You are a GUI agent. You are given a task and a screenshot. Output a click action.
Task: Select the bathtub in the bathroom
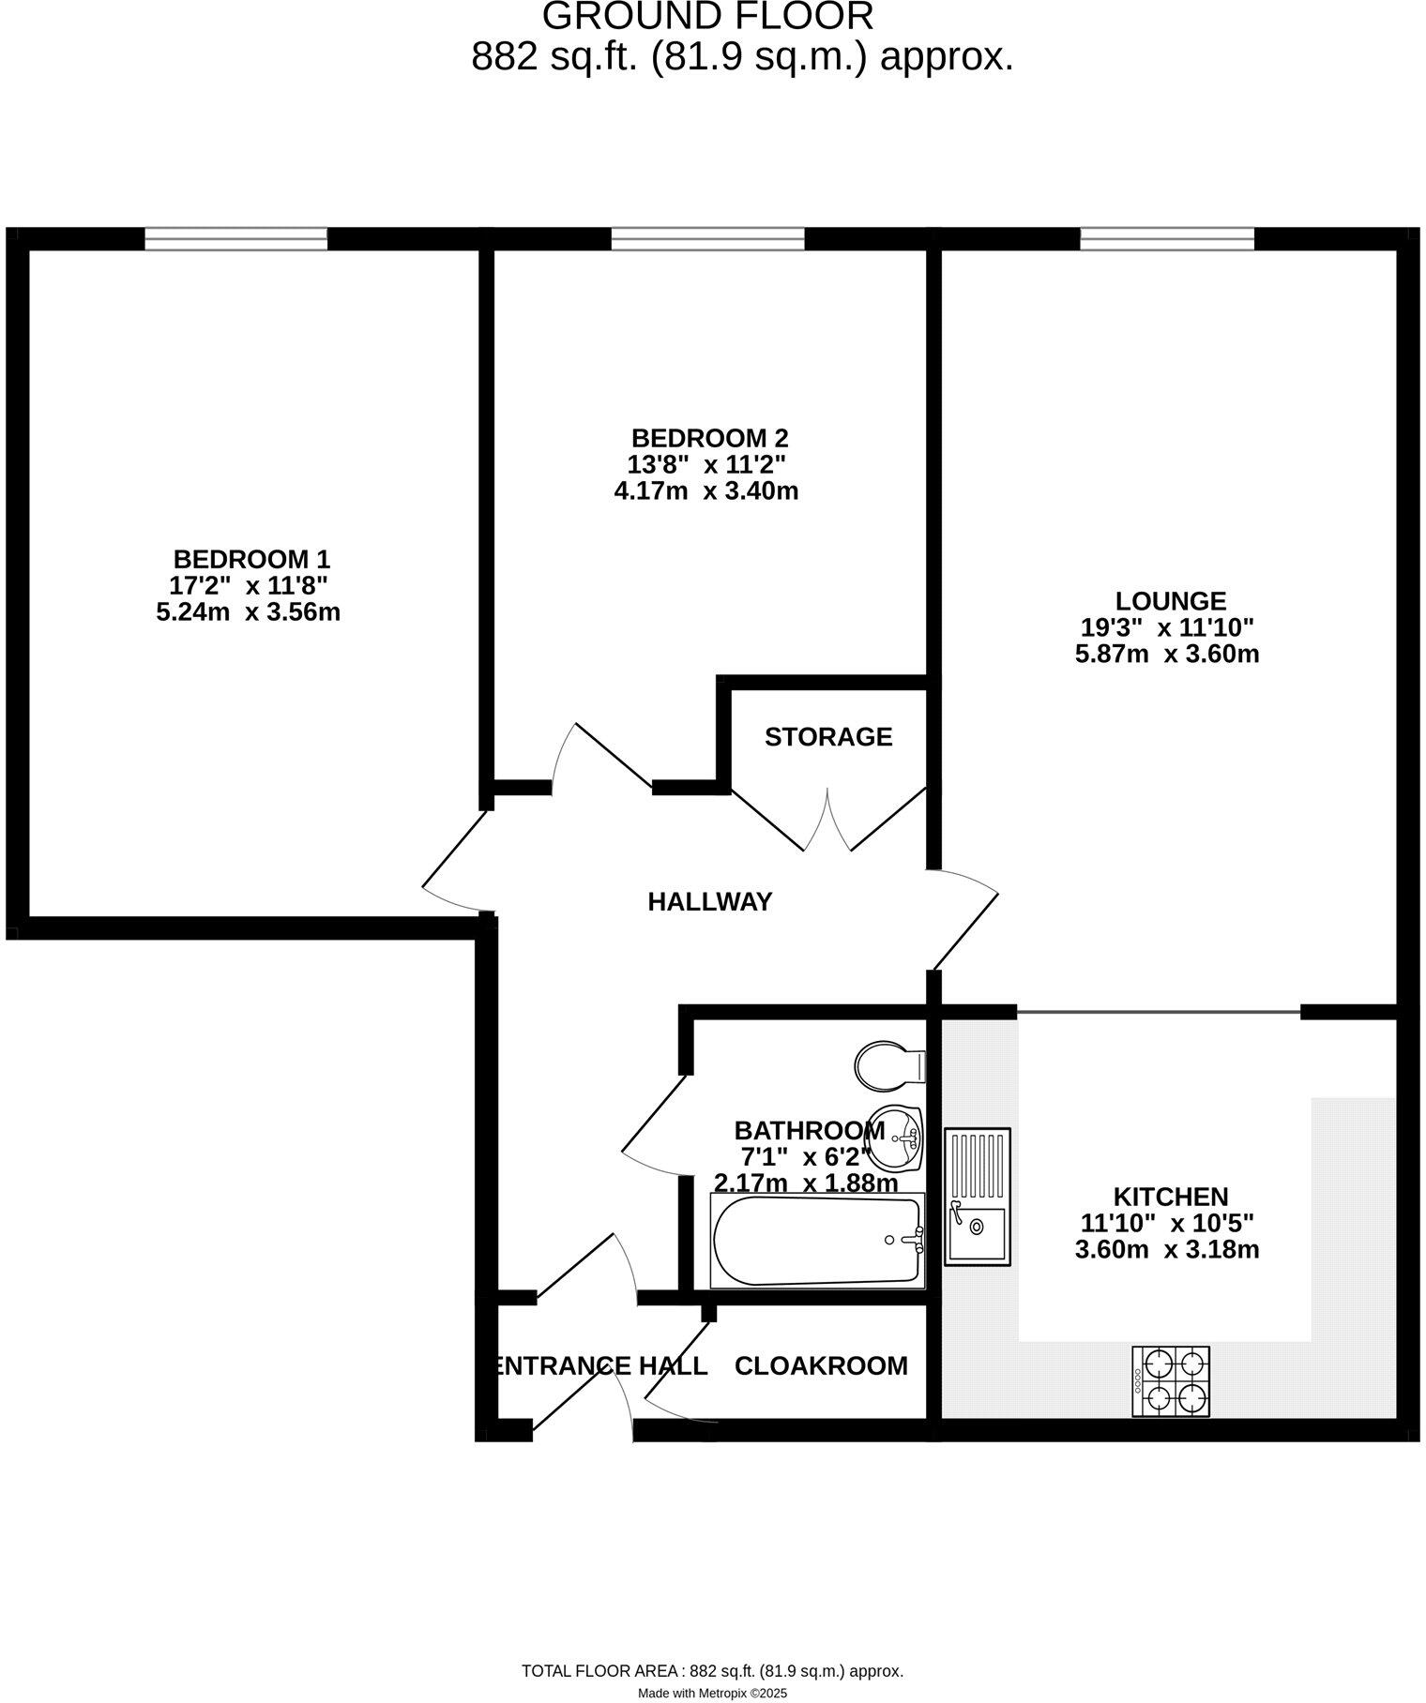pyautogui.click(x=817, y=1241)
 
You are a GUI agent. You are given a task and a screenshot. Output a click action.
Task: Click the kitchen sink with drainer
pyautogui.click(x=978, y=1197)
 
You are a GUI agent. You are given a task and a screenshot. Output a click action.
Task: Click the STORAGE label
pyautogui.click(x=828, y=737)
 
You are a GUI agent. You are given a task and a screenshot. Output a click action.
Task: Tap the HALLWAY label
pyautogui.click(x=710, y=902)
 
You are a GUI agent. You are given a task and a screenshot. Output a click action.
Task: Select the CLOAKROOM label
pyautogui.click(x=821, y=1366)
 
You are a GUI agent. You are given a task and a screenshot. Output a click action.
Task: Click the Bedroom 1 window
pyautogui.click(x=236, y=239)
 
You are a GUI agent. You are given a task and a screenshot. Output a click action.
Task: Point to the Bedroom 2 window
pyautogui.click(x=708, y=239)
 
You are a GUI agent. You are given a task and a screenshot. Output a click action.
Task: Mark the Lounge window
pyautogui.click(x=1167, y=239)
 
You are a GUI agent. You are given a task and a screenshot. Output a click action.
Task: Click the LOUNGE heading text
pyautogui.click(x=1170, y=601)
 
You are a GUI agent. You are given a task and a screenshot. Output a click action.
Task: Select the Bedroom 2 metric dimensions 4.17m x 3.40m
pyautogui.click(x=705, y=490)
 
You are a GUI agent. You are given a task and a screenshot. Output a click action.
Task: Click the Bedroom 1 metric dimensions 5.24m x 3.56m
pyautogui.click(x=248, y=612)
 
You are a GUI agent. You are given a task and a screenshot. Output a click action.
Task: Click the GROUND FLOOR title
pyautogui.click(x=708, y=17)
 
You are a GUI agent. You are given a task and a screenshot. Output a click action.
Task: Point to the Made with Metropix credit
pyautogui.click(x=712, y=1694)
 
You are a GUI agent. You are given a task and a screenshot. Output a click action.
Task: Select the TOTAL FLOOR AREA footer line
pyautogui.click(x=712, y=1670)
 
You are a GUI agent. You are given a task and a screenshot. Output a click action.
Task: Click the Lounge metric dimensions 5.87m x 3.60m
pyautogui.click(x=1167, y=654)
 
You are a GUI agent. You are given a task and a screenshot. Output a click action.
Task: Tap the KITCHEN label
pyautogui.click(x=1170, y=1197)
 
